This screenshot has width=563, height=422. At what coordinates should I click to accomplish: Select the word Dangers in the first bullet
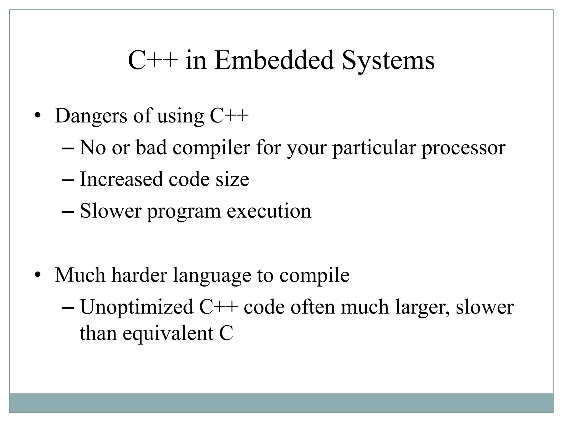91,116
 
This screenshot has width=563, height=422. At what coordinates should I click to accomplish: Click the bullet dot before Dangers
38,116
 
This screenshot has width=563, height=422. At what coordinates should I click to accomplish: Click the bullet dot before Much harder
38,275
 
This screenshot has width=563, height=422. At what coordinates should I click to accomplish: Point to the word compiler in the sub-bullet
211,148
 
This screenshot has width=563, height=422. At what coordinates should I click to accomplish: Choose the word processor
463,148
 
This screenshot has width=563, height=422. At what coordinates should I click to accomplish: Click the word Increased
121,179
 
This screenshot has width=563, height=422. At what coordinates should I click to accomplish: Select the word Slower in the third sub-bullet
111,211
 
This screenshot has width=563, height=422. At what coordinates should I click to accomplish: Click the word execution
269,211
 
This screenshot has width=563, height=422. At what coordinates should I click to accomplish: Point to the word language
212,276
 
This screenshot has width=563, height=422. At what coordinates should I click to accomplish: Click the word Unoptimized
137,307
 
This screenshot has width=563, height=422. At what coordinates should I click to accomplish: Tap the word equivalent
168,334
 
